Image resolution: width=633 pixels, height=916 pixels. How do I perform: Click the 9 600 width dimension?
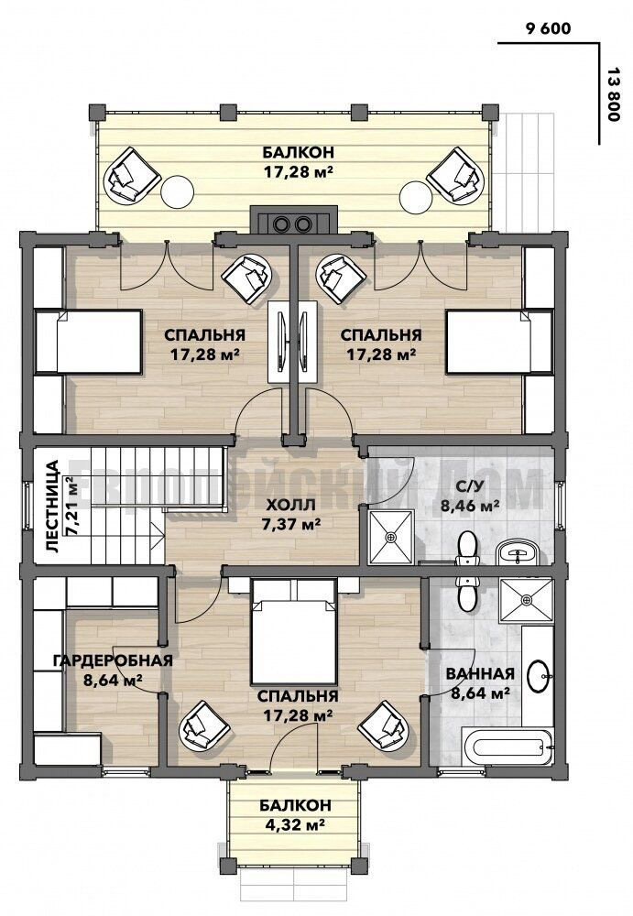548,28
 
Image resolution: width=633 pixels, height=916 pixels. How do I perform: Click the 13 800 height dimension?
613,93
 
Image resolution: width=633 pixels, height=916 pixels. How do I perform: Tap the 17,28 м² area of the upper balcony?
298,172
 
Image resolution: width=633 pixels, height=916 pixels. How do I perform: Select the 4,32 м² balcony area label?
295,825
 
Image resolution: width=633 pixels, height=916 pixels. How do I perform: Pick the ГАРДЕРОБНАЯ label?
114,660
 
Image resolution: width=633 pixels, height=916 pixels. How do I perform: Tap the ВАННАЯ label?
480,673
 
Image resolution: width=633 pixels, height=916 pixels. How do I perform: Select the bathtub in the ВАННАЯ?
507,746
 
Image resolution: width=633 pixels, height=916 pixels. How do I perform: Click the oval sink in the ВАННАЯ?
537,675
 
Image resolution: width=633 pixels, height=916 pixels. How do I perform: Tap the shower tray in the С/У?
391,536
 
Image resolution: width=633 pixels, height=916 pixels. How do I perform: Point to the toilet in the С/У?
466,549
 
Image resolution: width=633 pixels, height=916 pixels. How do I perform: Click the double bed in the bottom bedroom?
294,632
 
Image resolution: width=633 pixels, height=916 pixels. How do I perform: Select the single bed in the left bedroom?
89,341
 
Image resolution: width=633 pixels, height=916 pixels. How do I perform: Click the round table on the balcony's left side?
177,191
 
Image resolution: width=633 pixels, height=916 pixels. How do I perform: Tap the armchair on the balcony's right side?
456,176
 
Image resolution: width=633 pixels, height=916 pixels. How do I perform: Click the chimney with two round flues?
293,224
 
